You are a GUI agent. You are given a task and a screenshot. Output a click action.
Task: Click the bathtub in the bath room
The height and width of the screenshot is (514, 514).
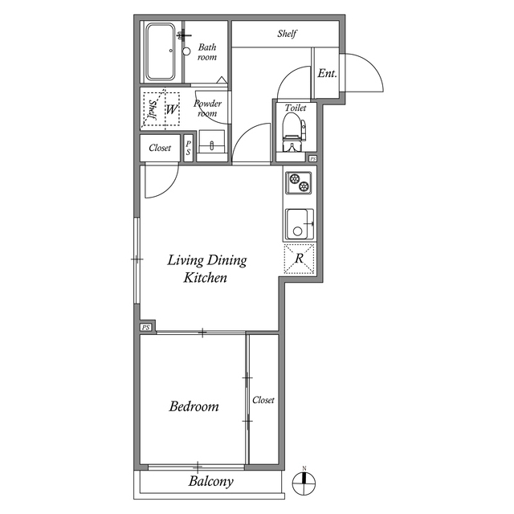click(x=163, y=51)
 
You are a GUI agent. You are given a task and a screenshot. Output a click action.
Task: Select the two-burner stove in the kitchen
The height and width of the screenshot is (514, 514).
click(x=298, y=183)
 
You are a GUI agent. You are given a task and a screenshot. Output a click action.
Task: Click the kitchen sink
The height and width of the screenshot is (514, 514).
click(x=299, y=223)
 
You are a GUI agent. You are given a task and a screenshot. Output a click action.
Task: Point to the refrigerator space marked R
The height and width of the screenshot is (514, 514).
click(x=299, y=259)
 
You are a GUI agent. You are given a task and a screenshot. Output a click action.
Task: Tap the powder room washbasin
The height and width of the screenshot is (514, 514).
click(x=212, y=145)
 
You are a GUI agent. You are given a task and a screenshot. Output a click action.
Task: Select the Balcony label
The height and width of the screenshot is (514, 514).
click(x=211, y=482)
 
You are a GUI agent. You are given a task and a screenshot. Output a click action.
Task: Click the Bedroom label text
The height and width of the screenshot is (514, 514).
click(x=194, y=406)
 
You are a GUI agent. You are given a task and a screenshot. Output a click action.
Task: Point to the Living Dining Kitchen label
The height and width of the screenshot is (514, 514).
click(x=206, y=269)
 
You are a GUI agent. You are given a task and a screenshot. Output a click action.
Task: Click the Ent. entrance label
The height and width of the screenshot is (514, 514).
click(x=327, y=74)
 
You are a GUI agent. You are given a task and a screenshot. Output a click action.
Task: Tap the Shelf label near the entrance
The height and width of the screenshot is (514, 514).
click(x=288, y=34)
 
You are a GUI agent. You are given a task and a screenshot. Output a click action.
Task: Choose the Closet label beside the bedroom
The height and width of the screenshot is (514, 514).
click(x=263, y=400)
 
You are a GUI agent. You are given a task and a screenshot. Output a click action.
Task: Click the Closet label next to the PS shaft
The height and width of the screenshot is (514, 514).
click(x=160, y=148)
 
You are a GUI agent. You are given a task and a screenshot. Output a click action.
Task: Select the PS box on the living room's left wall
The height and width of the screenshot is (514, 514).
click(x=146, y=328)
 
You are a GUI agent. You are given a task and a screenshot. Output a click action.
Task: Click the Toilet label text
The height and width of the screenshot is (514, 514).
click(x=296, y=106)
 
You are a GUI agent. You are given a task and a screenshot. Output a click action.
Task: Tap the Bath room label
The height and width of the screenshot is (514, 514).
click(x=207, y=52)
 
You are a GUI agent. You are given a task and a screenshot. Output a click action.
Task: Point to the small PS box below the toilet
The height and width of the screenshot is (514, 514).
click(x=312, y=159)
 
